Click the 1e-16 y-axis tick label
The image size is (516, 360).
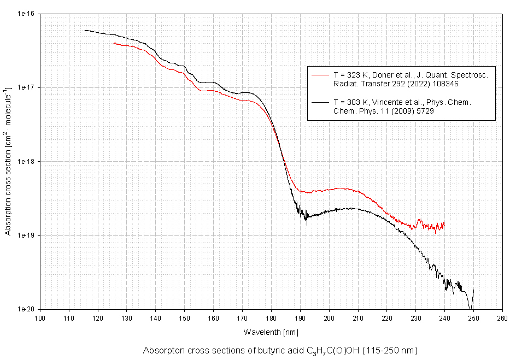click(26, 14)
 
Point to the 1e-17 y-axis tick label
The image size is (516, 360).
click(26, 87)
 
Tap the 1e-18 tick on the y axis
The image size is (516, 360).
click(26, 162)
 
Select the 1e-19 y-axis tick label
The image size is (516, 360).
click(26, 235)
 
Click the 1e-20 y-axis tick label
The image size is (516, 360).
click(26, 309)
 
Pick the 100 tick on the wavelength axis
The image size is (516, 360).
click(40, 317)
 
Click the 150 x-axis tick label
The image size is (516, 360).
click(184, 317)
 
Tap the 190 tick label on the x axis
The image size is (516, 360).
click(300, 317)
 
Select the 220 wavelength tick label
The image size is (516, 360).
click(386, 317)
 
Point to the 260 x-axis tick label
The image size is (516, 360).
click(502, 317)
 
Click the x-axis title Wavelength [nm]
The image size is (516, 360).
click(271, 332)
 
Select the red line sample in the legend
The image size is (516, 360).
click(319, 74)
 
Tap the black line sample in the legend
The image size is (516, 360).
click(319, 102)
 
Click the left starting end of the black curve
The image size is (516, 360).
click(85, 31)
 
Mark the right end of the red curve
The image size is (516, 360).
click(444, 223)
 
